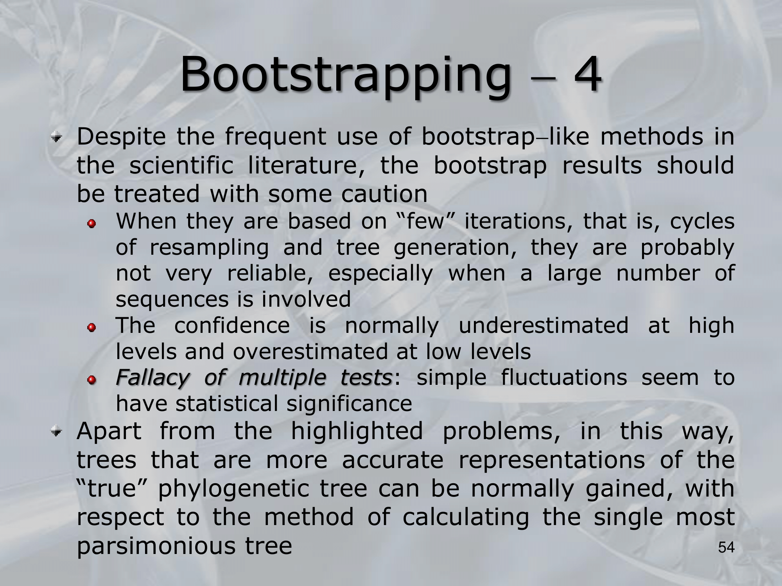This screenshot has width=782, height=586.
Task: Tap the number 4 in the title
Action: point(587,74)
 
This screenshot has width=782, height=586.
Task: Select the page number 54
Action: point(726,548)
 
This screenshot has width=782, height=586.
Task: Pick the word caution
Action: point(384,194)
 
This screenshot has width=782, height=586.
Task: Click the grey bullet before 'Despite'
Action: point(58,137)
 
